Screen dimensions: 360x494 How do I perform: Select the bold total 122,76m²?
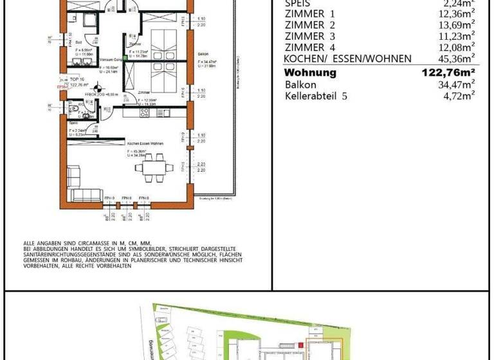(x=448, y=73)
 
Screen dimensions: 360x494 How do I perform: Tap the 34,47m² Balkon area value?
(x=453, y=84)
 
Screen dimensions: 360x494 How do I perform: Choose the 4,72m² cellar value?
(x=456, y=96)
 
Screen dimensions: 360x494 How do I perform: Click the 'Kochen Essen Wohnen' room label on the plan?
(x=145, y=143)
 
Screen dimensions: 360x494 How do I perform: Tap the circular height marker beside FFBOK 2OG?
(x=98, y=90)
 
